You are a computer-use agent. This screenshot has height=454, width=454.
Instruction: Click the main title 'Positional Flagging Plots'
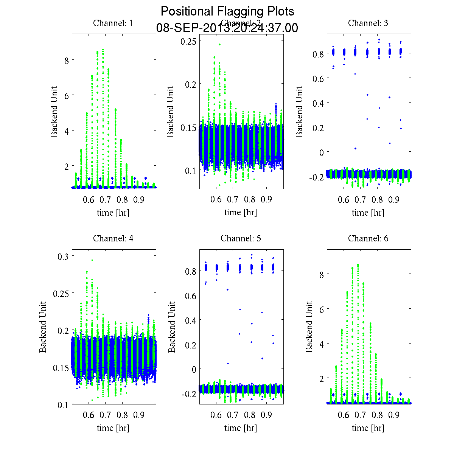click(227, 11)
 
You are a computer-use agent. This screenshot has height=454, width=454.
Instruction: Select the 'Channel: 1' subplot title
click(113, 23)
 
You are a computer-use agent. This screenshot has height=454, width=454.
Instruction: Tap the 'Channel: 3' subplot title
click(368, 23)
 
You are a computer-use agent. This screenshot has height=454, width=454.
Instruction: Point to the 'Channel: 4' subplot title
click(113, 239)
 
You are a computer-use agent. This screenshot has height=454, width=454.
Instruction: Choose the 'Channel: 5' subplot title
click(241, 239)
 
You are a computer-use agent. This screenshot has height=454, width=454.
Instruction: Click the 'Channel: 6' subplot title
click(368, 239)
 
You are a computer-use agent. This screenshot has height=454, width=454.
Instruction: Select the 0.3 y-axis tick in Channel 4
click(63, 257)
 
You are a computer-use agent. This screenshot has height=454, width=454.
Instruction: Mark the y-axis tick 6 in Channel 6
click(321, 309)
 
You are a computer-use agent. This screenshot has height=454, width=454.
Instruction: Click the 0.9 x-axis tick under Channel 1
click(139, 200)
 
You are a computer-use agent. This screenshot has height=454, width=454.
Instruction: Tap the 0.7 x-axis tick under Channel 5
click(233, 415)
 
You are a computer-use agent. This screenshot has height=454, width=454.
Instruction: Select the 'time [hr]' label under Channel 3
click(368, 213)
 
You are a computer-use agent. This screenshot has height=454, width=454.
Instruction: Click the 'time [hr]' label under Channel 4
click(113, 428)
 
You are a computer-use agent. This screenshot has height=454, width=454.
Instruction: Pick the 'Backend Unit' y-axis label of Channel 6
click(309, 327)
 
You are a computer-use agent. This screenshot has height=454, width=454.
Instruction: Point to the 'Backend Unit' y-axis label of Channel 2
click(171, 112)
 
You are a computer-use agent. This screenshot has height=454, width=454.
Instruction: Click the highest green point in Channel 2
click(219, 44)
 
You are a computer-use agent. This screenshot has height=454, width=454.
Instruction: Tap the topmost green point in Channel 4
click(92, 260)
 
